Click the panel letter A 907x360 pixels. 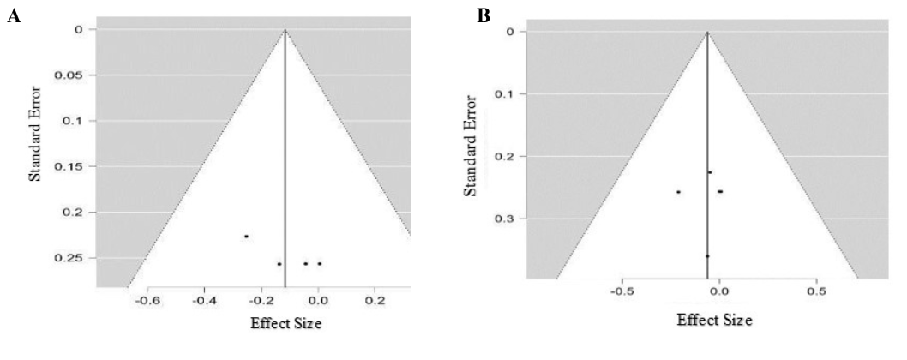pos(13,17)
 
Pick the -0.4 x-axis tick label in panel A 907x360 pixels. pos(203,301)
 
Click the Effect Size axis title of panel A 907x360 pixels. pos(286,324)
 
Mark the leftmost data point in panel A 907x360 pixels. pos(246,236)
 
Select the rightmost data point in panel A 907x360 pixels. pos(320,264)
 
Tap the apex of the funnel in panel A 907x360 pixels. pos(285,30)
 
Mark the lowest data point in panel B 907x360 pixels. pos(707,255)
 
